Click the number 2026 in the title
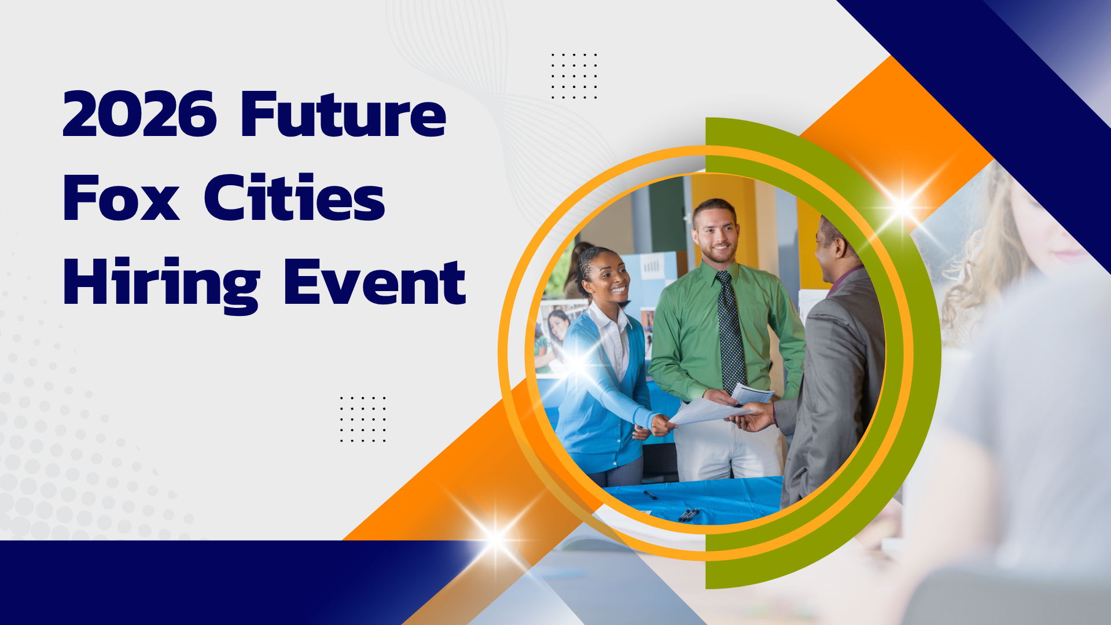click(x=139, y=113)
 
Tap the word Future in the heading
click(x=344, y=113)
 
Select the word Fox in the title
click(x=121, y=198)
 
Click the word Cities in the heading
click(x=295, y=197)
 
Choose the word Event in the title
click(x=375, y=282)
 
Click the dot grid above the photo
click(x=574, y=76)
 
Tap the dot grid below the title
click(x=363, y=420)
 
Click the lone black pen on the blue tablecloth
click(x=650, y=495)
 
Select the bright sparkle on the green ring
click(x=902, y=205)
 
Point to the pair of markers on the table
click(x=689, y=514)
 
